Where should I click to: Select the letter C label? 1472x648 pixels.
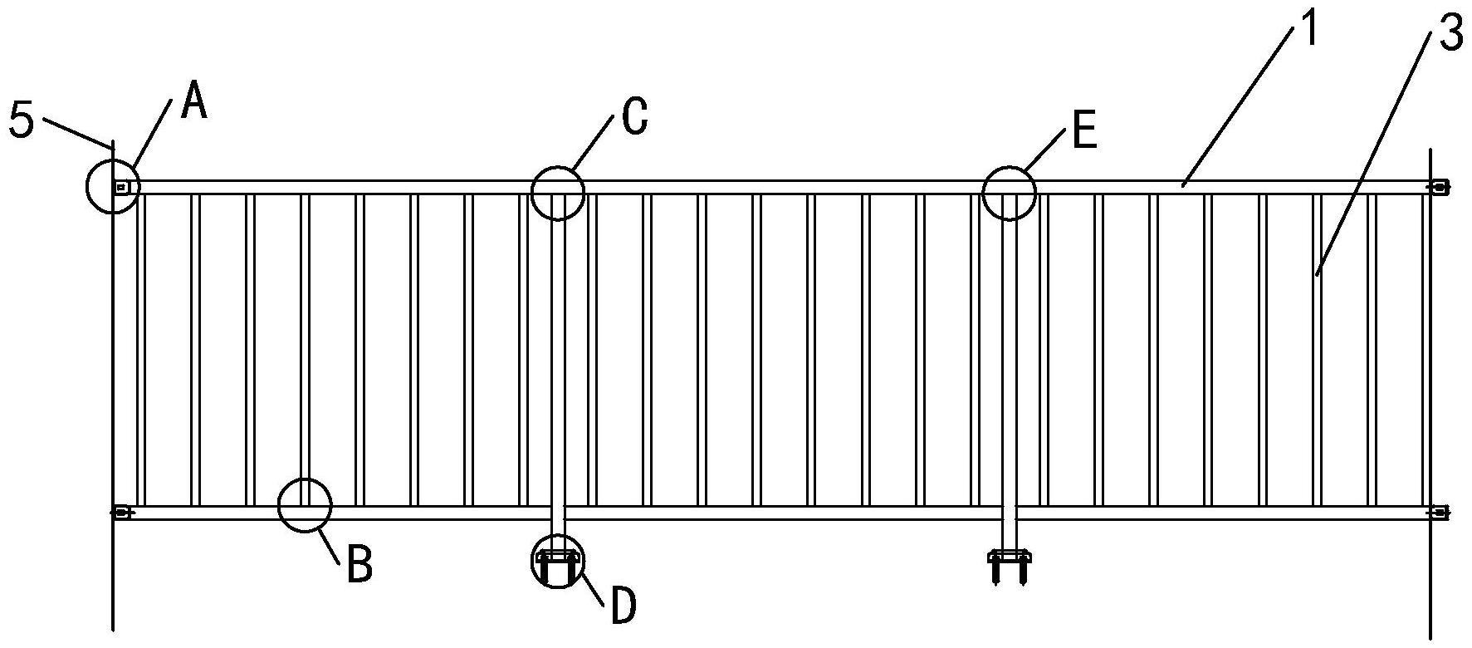[x=634, y=117]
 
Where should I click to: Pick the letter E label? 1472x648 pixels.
[x=1085, y=130]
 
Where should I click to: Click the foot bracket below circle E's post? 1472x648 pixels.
[x=1009, y=567]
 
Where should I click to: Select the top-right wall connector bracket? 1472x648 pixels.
[x=1438, y=187]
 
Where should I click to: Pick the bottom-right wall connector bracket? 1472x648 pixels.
[x=1438, y=513]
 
